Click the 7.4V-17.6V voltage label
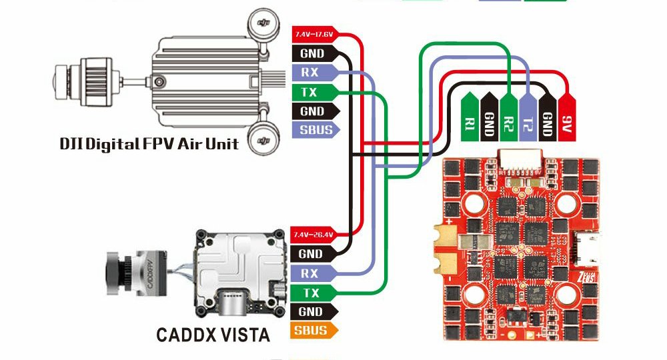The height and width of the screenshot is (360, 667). (313, 34)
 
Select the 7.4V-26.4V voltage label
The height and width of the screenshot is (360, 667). (313, 235)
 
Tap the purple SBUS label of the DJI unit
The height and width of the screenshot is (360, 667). (315, 130)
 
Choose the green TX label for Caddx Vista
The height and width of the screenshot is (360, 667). (311, 293)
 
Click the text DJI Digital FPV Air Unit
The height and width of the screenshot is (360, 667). (149, 143)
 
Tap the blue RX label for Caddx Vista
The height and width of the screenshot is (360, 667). (311, 273)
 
